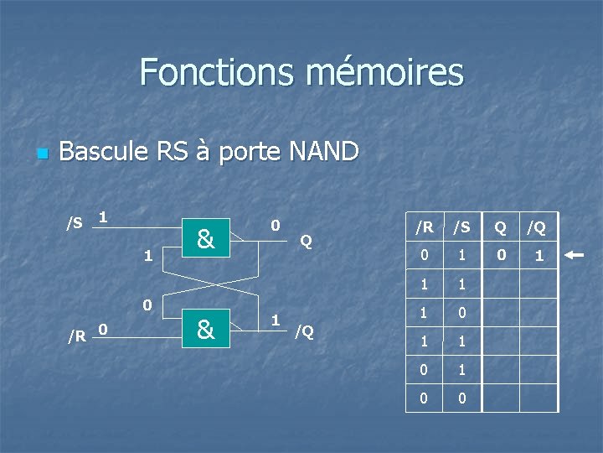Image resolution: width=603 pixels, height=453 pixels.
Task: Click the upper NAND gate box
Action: click(x=206, y=239)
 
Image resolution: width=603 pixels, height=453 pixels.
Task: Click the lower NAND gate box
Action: click(x=206, y=329)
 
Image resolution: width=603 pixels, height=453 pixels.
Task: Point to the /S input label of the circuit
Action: click(x=75, y=223)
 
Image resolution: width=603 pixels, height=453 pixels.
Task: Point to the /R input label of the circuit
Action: click(x=76, y=336)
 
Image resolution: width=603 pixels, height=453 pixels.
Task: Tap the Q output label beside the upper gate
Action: click(x=307, y=242)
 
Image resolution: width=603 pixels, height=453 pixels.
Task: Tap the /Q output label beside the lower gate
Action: click(x=304, y=331)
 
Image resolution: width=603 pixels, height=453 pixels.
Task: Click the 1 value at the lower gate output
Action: click(x=275, y=319)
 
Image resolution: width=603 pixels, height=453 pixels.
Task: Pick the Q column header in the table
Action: click(x=500, y=226)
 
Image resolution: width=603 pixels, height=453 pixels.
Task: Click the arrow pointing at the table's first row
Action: click(x=575, y=255)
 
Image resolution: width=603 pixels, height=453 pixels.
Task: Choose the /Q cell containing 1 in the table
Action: click(x=539, y=256)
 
